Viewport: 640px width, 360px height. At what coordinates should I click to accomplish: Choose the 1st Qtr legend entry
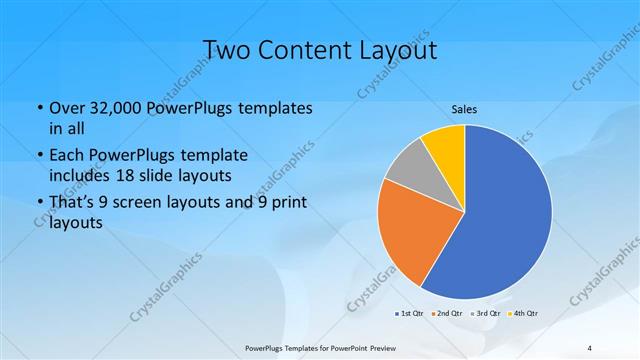pyautogui.click(x=409, y=314)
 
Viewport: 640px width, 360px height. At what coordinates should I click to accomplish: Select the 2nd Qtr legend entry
pyautogui.click(x=445, y=314)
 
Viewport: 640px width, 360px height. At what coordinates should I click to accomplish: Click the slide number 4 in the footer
pyautogui.click(x=590, y=347)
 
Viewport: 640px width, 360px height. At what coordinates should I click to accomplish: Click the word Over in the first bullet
pyautogui.click(x=66, y=107)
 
